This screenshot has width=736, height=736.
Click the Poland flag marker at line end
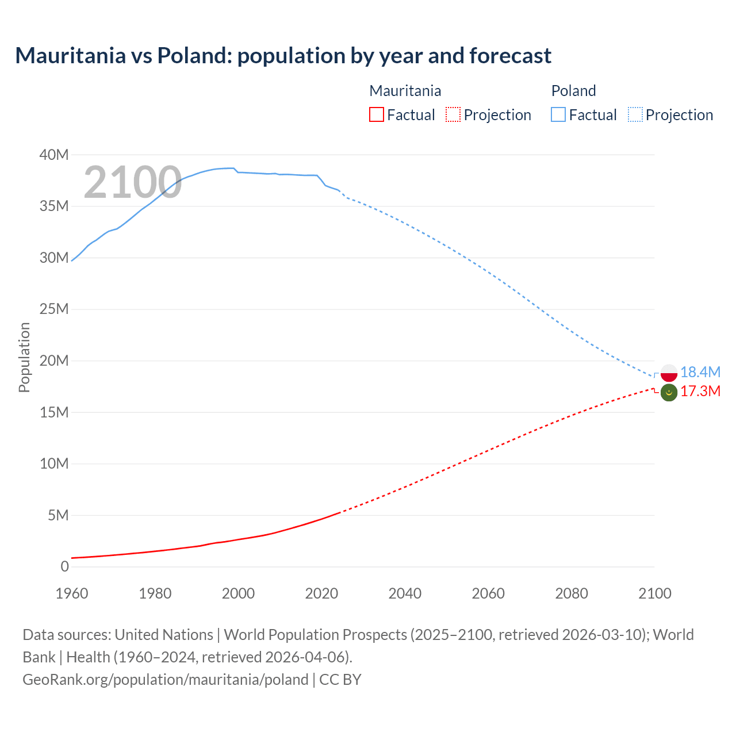(x=669, y=373)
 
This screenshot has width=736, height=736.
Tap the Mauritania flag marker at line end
(x=669, y=393)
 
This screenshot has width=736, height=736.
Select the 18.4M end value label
(x=700, y=372)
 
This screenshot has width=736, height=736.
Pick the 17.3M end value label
(x=700, y=392)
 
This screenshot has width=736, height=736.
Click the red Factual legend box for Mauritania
(x=376, y=114)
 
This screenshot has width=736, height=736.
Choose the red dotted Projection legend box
(x=453, y=114)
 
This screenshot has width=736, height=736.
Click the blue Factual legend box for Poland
(x=558, y=114)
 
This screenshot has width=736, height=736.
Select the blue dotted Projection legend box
(x=635, y=114)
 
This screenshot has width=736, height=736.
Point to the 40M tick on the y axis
(x=54, y=155)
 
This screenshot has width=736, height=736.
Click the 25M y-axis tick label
(x=54, y=309)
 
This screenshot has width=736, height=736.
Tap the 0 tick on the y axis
(x=64, y=566)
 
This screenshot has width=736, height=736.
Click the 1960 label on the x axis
(x=72, y=593)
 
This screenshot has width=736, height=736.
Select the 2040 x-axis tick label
(x=405, y=593)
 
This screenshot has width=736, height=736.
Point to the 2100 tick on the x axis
(x=654, y=593)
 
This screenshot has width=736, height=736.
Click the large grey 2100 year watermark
(x=133, y=182)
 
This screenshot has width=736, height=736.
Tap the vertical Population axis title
(x=24, y=357)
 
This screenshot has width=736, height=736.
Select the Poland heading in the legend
(x=573, y=91)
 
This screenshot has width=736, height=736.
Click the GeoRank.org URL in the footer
(x=166, y=679)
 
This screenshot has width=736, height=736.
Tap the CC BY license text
(x=340, y=679)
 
